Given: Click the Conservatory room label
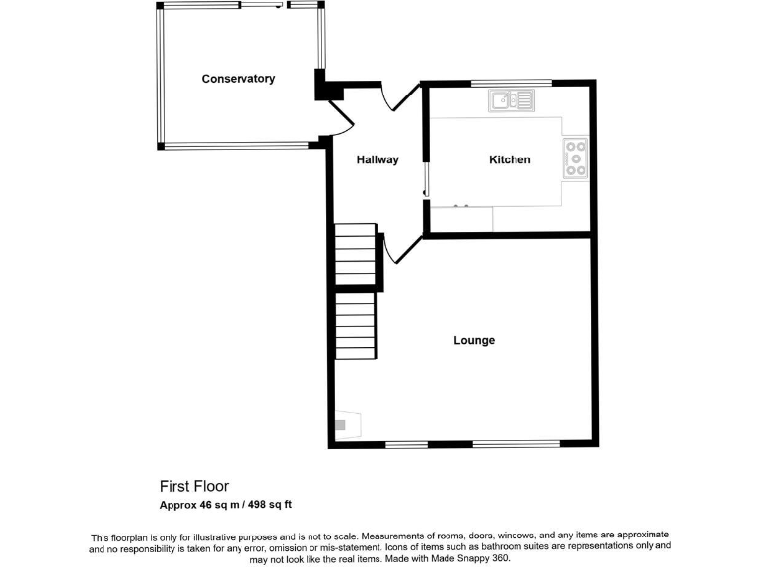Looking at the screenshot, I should click(238, 79).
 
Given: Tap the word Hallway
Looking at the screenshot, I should click(378, 159).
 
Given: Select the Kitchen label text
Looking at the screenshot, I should click(510, 159).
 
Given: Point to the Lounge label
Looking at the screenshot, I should click(474, 340).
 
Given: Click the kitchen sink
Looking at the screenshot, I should click(512, 99).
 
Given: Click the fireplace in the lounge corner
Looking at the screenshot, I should click(345, 425).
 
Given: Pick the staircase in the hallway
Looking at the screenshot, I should click(356, 255).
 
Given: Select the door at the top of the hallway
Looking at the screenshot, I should click(399, 95).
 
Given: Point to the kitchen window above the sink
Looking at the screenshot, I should click(510, 83).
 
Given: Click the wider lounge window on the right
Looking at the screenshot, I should click(516, 444).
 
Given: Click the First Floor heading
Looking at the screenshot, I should click(194, 486).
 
